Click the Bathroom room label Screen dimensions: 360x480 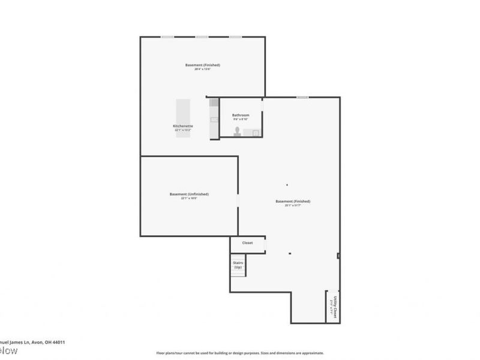coord(241,115)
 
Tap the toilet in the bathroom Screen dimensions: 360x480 coord(238,131)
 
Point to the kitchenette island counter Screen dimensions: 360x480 coord(183,118)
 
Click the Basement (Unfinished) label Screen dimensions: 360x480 coord(189,194)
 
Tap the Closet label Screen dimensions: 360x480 coord(247,243)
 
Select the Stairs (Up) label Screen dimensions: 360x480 coord(238,265)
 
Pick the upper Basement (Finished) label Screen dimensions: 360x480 coord(202,65)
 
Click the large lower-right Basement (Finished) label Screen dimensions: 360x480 coord(293,202)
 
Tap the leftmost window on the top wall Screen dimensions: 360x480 coord(167,37)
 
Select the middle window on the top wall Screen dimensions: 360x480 coord(202,37)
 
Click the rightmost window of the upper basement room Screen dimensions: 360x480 coord(236,37)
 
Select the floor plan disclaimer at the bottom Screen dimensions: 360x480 coord(240,353)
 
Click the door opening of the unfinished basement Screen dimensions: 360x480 coord(238,200)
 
